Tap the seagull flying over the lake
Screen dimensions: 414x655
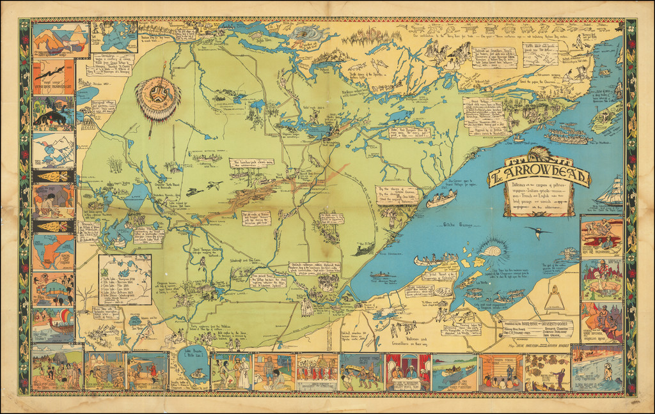click(538, 232)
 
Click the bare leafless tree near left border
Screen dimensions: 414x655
click(86, 295)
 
